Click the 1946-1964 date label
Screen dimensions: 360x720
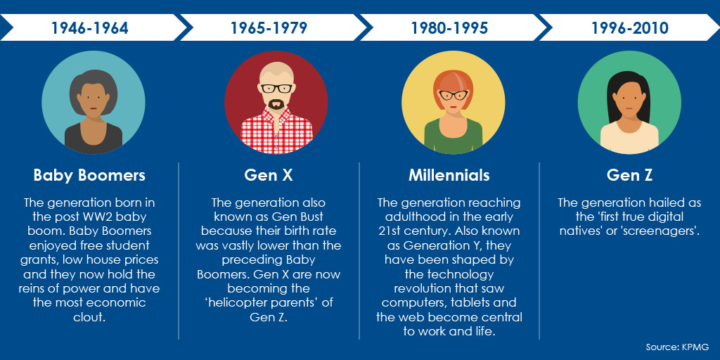point(89,28)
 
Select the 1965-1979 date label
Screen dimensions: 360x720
point(269,28)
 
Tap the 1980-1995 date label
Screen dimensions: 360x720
point(449,28)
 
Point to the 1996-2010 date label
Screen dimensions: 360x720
point(629,28)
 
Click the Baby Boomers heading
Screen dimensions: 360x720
point(89,175)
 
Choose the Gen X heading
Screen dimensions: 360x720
point(269,175)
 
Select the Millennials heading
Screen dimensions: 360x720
point(449,175)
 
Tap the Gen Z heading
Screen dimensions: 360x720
point(629,175)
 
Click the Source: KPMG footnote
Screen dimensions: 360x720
point(677,347)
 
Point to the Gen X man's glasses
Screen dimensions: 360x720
point(276,89)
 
